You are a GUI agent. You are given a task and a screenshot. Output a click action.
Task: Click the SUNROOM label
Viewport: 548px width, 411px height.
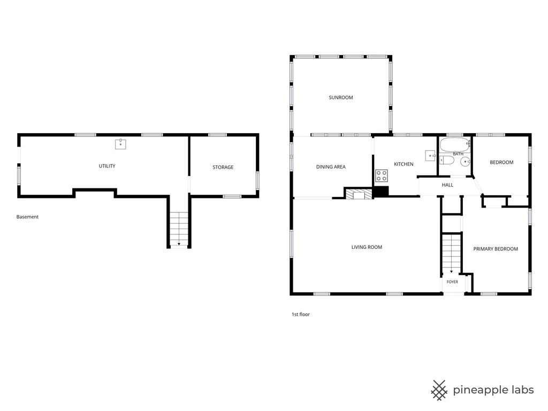click(341, 97)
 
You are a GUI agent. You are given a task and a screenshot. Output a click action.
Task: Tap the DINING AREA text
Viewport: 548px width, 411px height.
click(331, 167)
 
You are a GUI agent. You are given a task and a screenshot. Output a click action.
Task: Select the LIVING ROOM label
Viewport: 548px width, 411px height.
click(367, 247)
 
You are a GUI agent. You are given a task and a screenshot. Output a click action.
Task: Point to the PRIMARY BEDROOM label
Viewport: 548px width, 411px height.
click(496, 249)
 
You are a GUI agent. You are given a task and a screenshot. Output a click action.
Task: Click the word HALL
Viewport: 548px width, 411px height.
click(447, 185)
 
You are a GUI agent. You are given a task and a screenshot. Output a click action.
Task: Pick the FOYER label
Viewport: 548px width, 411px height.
click(452, 281)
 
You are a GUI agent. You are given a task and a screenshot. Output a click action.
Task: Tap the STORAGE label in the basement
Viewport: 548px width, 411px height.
click(223, 167)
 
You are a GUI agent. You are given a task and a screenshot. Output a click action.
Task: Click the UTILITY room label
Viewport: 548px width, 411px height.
click(107, 166)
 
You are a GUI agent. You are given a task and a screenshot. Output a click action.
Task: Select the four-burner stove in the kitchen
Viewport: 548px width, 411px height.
click(381, 176)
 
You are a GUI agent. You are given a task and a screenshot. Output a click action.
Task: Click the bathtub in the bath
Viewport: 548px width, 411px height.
click(455, 144)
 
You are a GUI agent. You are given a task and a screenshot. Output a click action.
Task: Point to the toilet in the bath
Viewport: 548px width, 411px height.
click(447, 160)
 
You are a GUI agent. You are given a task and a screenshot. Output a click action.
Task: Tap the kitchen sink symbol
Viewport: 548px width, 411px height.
click(430, 156)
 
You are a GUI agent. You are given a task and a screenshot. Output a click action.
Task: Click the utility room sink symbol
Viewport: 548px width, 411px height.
click(120, 143)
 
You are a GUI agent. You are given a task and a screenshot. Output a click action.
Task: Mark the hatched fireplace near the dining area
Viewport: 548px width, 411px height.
click(359, 194)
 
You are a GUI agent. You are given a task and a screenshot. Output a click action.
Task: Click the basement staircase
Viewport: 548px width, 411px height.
click(179, 229)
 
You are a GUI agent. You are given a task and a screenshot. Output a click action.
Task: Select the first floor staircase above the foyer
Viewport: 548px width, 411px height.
click(452, 254)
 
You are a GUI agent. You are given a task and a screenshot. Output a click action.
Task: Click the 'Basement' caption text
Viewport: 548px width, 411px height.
click(27, 217)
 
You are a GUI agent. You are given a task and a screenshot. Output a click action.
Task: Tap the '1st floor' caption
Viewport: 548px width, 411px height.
click(301, 314)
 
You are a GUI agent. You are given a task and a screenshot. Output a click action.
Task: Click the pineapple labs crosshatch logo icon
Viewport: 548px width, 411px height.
click(439, 390)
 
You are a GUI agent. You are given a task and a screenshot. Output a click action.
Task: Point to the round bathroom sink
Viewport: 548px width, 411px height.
click(466, 162)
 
